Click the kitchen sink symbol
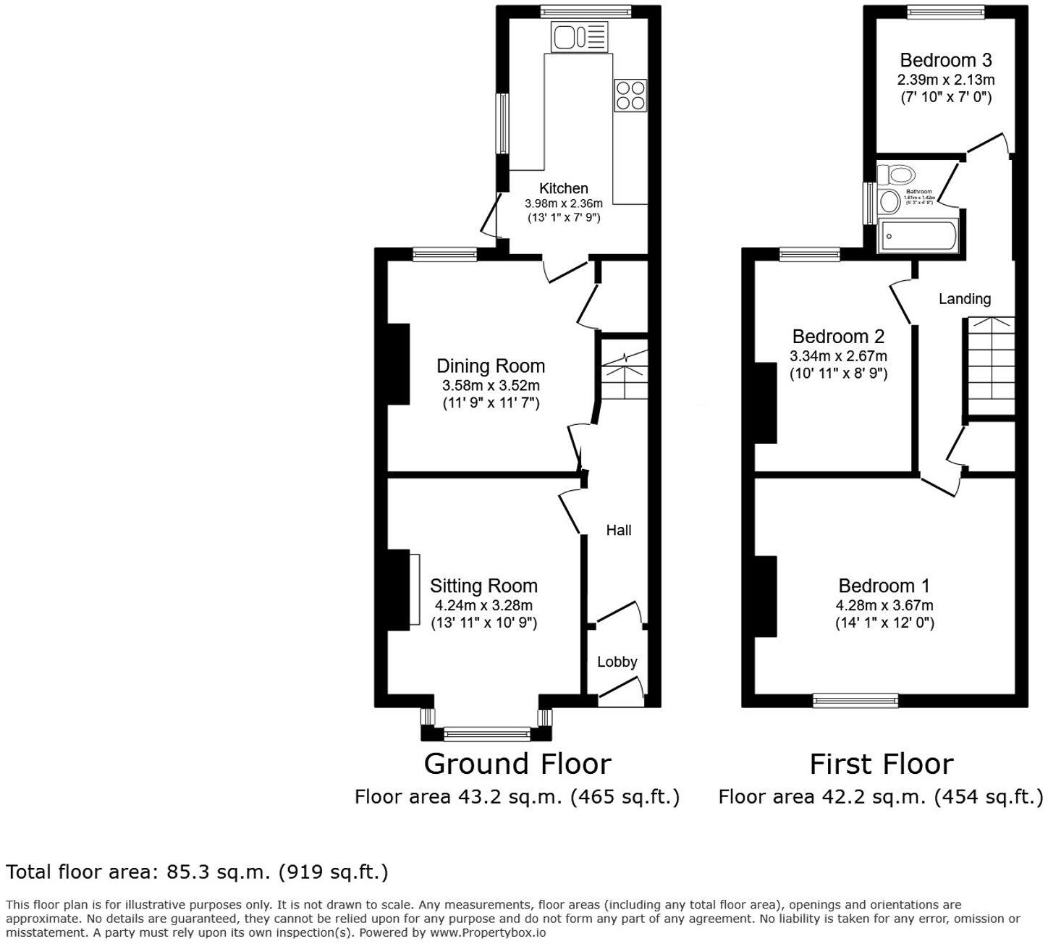coord(579,37)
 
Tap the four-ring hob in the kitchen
coord(630,96)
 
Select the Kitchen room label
coord(563,188)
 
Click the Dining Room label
coord(490,366)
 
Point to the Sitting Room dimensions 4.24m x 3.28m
coord(483,605)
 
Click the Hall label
coord(618,530)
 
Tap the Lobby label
coord(617,662)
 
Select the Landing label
coord(964,298)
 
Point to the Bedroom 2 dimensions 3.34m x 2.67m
coord(838,356)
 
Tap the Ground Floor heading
coord(517,764)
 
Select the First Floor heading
coord(881,764)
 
